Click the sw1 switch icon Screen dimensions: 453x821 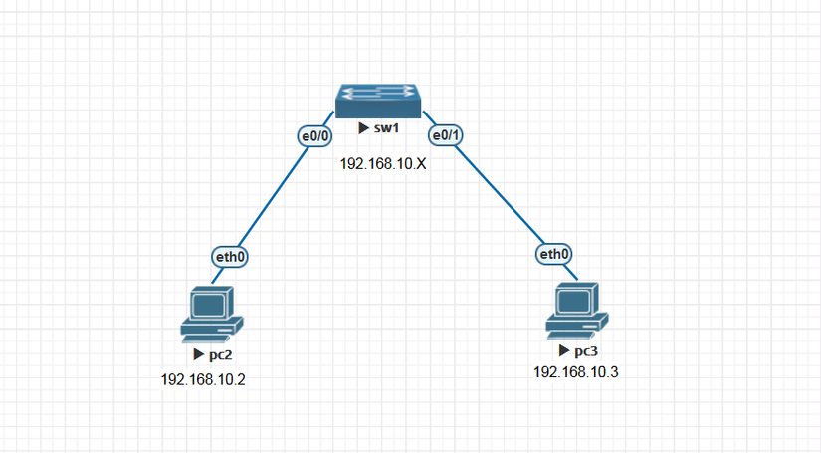[378, 102]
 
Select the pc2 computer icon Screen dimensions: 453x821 [211, 312]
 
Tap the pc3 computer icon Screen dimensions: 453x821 [577, 309]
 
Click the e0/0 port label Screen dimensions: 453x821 [315, 135]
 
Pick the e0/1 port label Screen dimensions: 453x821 [443, 135]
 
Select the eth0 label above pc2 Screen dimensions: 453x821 [230, 257]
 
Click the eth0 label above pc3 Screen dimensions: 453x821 [554, 254]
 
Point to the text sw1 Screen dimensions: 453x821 [386, 129]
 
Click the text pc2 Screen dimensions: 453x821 [219, 354]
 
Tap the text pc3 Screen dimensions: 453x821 [586, 351]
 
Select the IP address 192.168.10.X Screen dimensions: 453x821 [383, 163]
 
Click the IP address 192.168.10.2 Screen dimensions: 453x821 [203, 379]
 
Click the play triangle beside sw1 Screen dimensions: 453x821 [364, 129]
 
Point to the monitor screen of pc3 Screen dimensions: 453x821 [575, 299]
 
